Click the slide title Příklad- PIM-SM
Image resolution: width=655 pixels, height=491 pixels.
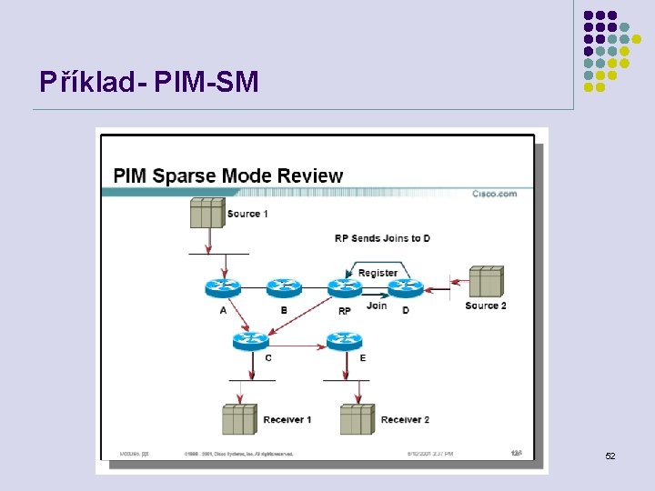pos(149,83)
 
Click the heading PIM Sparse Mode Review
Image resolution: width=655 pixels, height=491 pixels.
pos(227,175)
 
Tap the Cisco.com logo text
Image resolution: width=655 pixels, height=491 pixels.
pos(494,194)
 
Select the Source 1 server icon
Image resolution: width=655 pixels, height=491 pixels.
pos(207,213)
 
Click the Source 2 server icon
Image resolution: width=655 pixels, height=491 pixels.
pos(486,281)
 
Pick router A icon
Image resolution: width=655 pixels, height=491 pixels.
pos(223,288)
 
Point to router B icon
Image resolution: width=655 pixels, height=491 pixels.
pos(283,288)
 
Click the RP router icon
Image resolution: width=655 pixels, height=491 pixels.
pos(345,288)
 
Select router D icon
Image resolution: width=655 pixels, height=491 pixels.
pos(405,288)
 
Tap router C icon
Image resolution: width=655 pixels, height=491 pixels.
pos(250,340)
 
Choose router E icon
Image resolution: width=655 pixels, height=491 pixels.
pos(345,340)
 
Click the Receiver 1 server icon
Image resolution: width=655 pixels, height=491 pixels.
pos(239,419)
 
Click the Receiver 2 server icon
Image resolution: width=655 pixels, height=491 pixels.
pos(357,419)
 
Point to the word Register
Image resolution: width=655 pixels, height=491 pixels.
pos(378,273)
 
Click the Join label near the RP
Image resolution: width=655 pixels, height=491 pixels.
pos(376,306)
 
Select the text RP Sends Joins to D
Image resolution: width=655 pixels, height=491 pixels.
pos(382,238)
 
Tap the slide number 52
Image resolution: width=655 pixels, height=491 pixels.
pos(610,455)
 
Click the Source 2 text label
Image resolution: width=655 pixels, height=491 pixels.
pos(486,306)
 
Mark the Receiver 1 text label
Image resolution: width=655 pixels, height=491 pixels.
pos(287,419)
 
